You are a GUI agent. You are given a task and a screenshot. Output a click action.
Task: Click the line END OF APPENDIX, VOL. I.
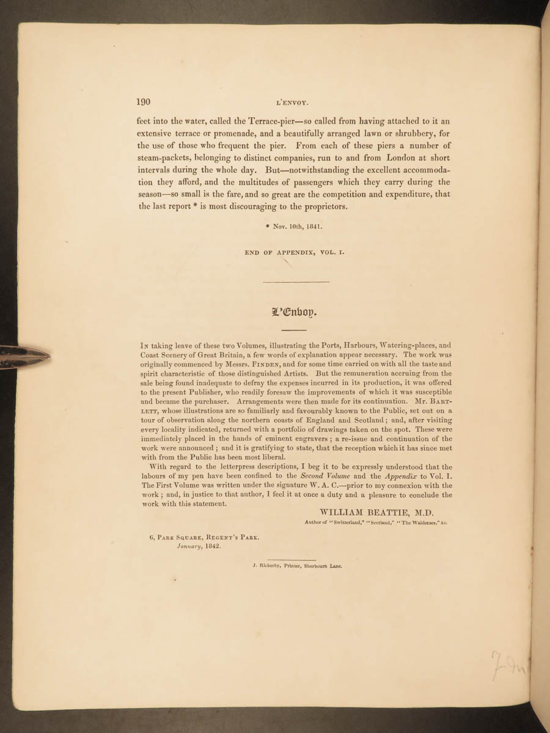tap(296, 252)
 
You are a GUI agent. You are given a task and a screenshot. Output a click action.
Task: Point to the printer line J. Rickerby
tap(296, 566)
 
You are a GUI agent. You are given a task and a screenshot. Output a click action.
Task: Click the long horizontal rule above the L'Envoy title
tap(296, 282)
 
